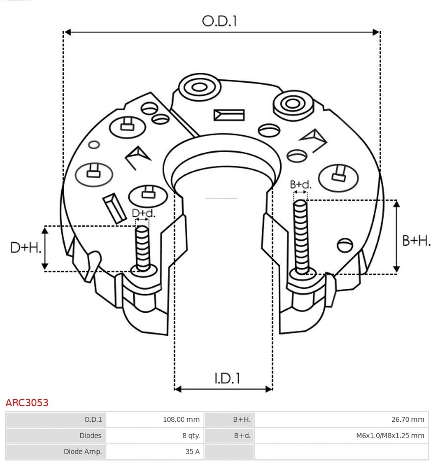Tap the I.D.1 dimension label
[227, 378]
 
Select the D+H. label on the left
[25, 248]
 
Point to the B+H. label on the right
[416, 240]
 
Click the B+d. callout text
[300, 185]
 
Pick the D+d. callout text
[144, 213]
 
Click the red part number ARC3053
[27, 403]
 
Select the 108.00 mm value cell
[181, 419]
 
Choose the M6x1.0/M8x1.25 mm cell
[390, 436]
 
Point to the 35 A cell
[192, 452]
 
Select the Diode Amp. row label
[82, 452]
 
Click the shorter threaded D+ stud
[143, 248]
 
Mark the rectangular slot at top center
[229, 115]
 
